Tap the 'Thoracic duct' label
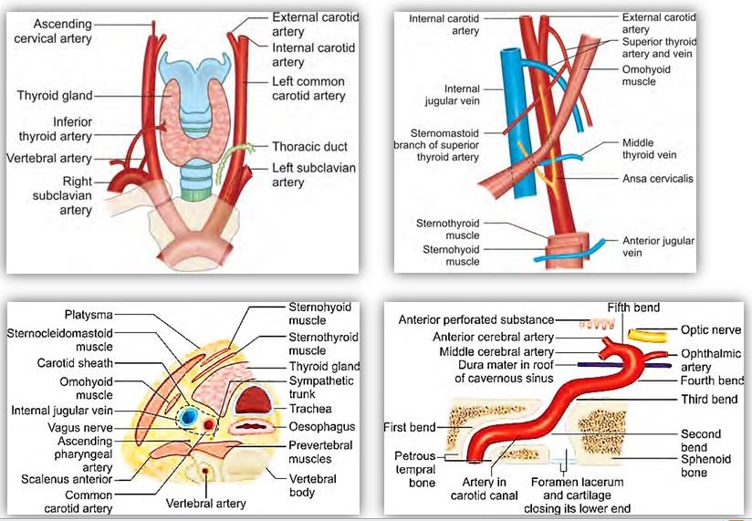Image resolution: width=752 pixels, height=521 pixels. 309,146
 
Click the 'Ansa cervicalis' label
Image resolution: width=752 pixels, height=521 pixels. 658,179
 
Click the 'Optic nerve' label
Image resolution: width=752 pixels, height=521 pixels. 711,329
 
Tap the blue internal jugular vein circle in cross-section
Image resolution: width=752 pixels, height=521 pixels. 190,416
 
